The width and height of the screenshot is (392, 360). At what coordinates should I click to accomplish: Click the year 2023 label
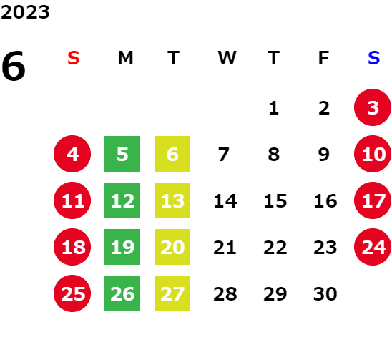point(25,12)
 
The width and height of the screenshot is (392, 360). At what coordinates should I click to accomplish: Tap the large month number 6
point(14,66)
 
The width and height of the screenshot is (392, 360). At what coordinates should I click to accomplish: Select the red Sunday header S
point(74,58)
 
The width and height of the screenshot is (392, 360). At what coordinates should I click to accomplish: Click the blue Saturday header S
point(374,58)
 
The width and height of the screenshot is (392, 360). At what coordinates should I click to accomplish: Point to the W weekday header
point(227,58)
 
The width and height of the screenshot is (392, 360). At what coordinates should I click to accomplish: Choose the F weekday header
point(324,58)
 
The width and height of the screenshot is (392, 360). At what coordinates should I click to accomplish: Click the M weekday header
point(125,58)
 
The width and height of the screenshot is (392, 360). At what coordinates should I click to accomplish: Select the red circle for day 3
point(373,107)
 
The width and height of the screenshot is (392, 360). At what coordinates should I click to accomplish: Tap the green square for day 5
point(122,154)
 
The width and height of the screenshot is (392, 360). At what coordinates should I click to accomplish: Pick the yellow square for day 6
point(172,154)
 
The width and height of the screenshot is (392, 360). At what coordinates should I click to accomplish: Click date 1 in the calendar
point(274,108)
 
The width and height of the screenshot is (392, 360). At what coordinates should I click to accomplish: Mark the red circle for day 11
point(72,200)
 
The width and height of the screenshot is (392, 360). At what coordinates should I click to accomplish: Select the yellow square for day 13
point(172,200)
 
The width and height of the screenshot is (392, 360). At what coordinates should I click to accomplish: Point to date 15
point(275,200)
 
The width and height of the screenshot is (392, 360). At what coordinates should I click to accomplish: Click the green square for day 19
point(122,247)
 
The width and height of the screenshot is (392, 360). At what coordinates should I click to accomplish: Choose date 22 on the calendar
point(275,247)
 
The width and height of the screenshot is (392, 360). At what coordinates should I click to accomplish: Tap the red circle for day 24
point(373,247)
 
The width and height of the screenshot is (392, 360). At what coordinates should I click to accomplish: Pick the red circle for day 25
point(72,293)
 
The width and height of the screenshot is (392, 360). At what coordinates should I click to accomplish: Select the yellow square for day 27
point(172,293)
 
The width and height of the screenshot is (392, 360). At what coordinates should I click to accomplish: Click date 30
point(325,293)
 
